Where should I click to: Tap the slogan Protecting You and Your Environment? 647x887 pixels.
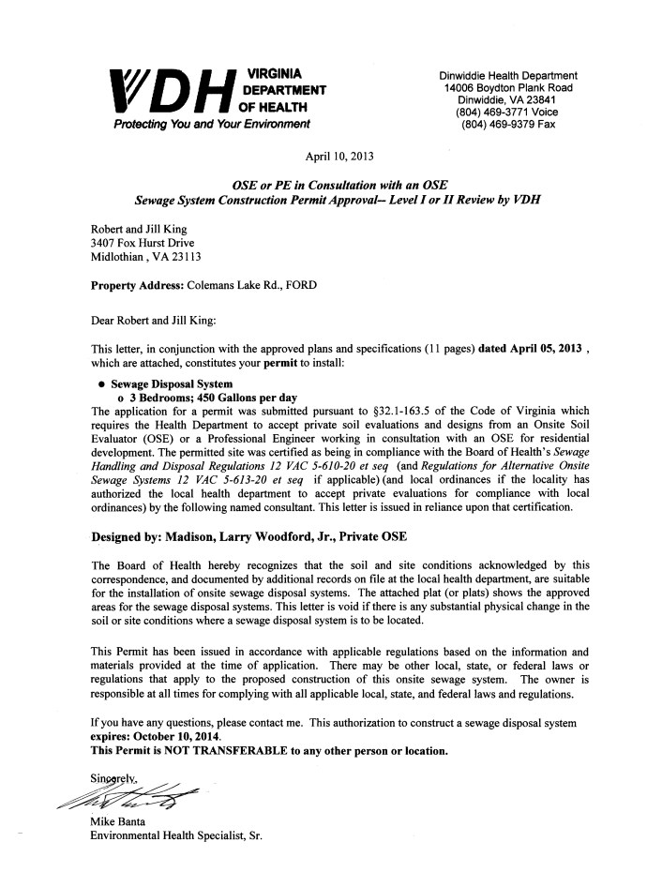coord(211,125)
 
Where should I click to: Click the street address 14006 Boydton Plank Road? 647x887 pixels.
coord(509,88)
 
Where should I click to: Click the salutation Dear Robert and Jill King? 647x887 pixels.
coord(153,321)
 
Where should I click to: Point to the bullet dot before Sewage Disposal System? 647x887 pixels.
coord(100,384)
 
